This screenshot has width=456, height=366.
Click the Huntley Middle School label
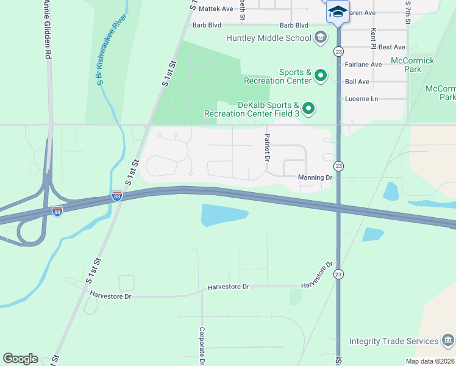point(268,38)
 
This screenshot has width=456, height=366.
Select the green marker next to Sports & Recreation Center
point(320,76)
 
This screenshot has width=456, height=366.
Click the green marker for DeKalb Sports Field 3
point(309,109)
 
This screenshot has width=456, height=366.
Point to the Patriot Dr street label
point(267,147)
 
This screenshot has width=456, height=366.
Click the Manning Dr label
point(315,178)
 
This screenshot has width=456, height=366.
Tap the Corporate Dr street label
point(201,345)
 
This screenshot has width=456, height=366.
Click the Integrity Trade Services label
point(394,341)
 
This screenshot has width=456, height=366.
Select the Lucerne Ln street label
point(362,99)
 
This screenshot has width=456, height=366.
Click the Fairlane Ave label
point(363,64)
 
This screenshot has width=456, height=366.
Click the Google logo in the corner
point(20,359)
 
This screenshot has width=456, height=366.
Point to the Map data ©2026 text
point(430,361)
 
